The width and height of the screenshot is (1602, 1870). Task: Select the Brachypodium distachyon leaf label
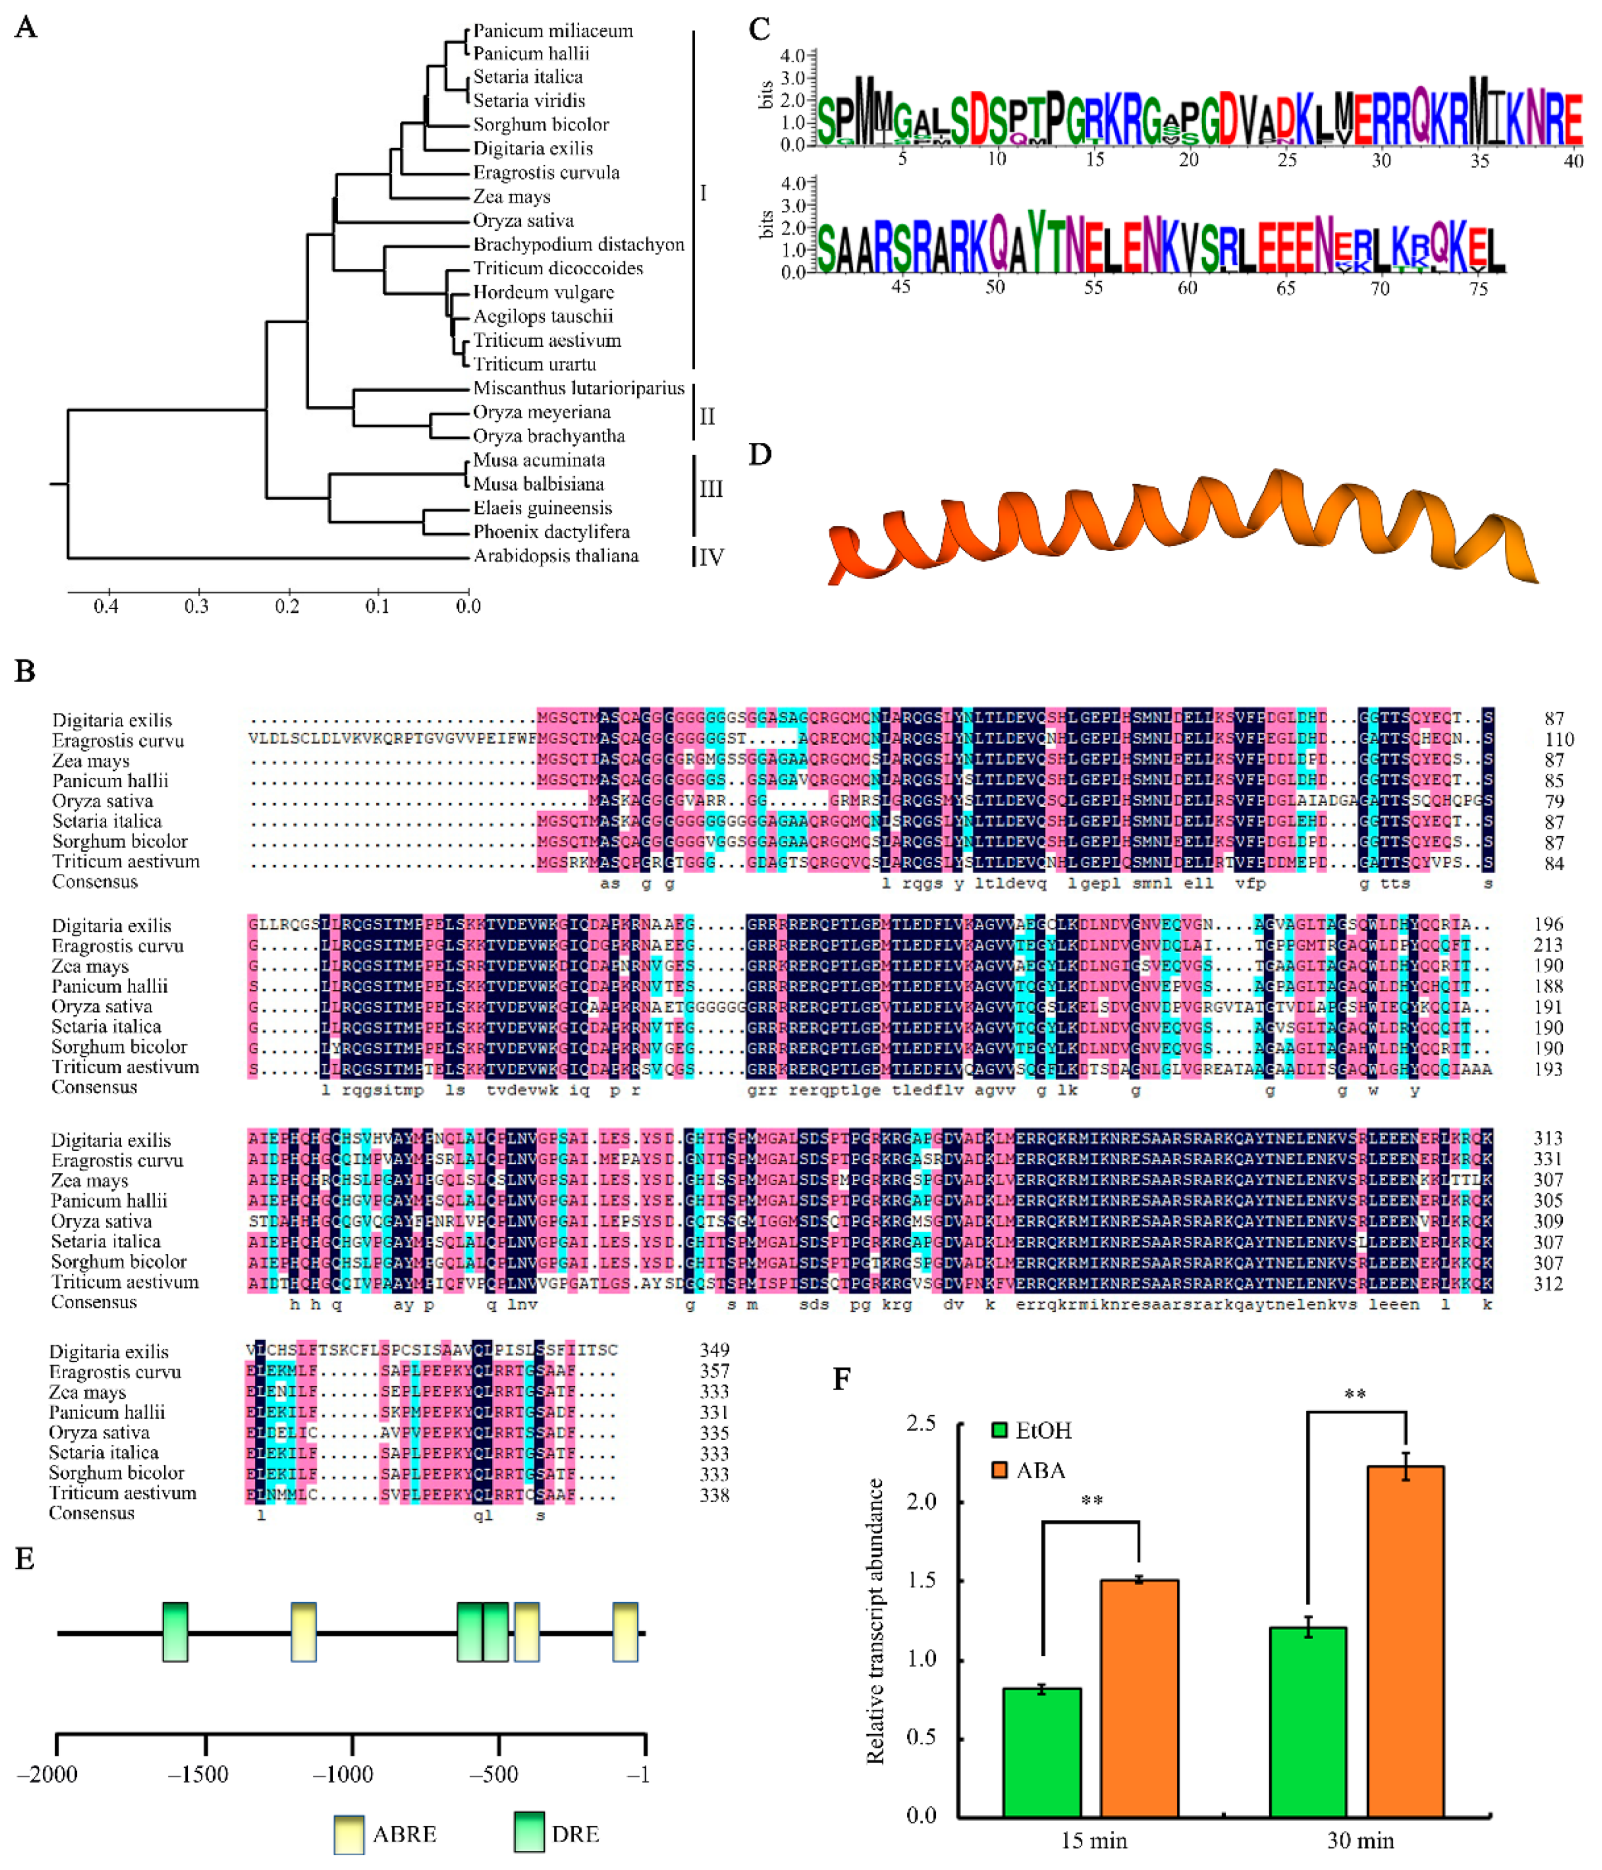click(x=579, y=245)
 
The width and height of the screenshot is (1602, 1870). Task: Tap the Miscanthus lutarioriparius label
click(x=579, y=388)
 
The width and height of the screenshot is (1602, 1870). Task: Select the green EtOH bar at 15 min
click(x=1042, y=1752)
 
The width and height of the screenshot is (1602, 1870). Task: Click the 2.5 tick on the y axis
click(x=920, y=1423)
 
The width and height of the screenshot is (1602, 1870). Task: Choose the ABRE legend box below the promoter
click(x=348, y=1835)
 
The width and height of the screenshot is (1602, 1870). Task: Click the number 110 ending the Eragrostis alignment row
click(x=1559, y=740)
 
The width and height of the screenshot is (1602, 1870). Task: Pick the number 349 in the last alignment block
click(x=714, y=1350)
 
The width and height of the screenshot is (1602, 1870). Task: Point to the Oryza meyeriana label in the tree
click(x=542, y=412)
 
